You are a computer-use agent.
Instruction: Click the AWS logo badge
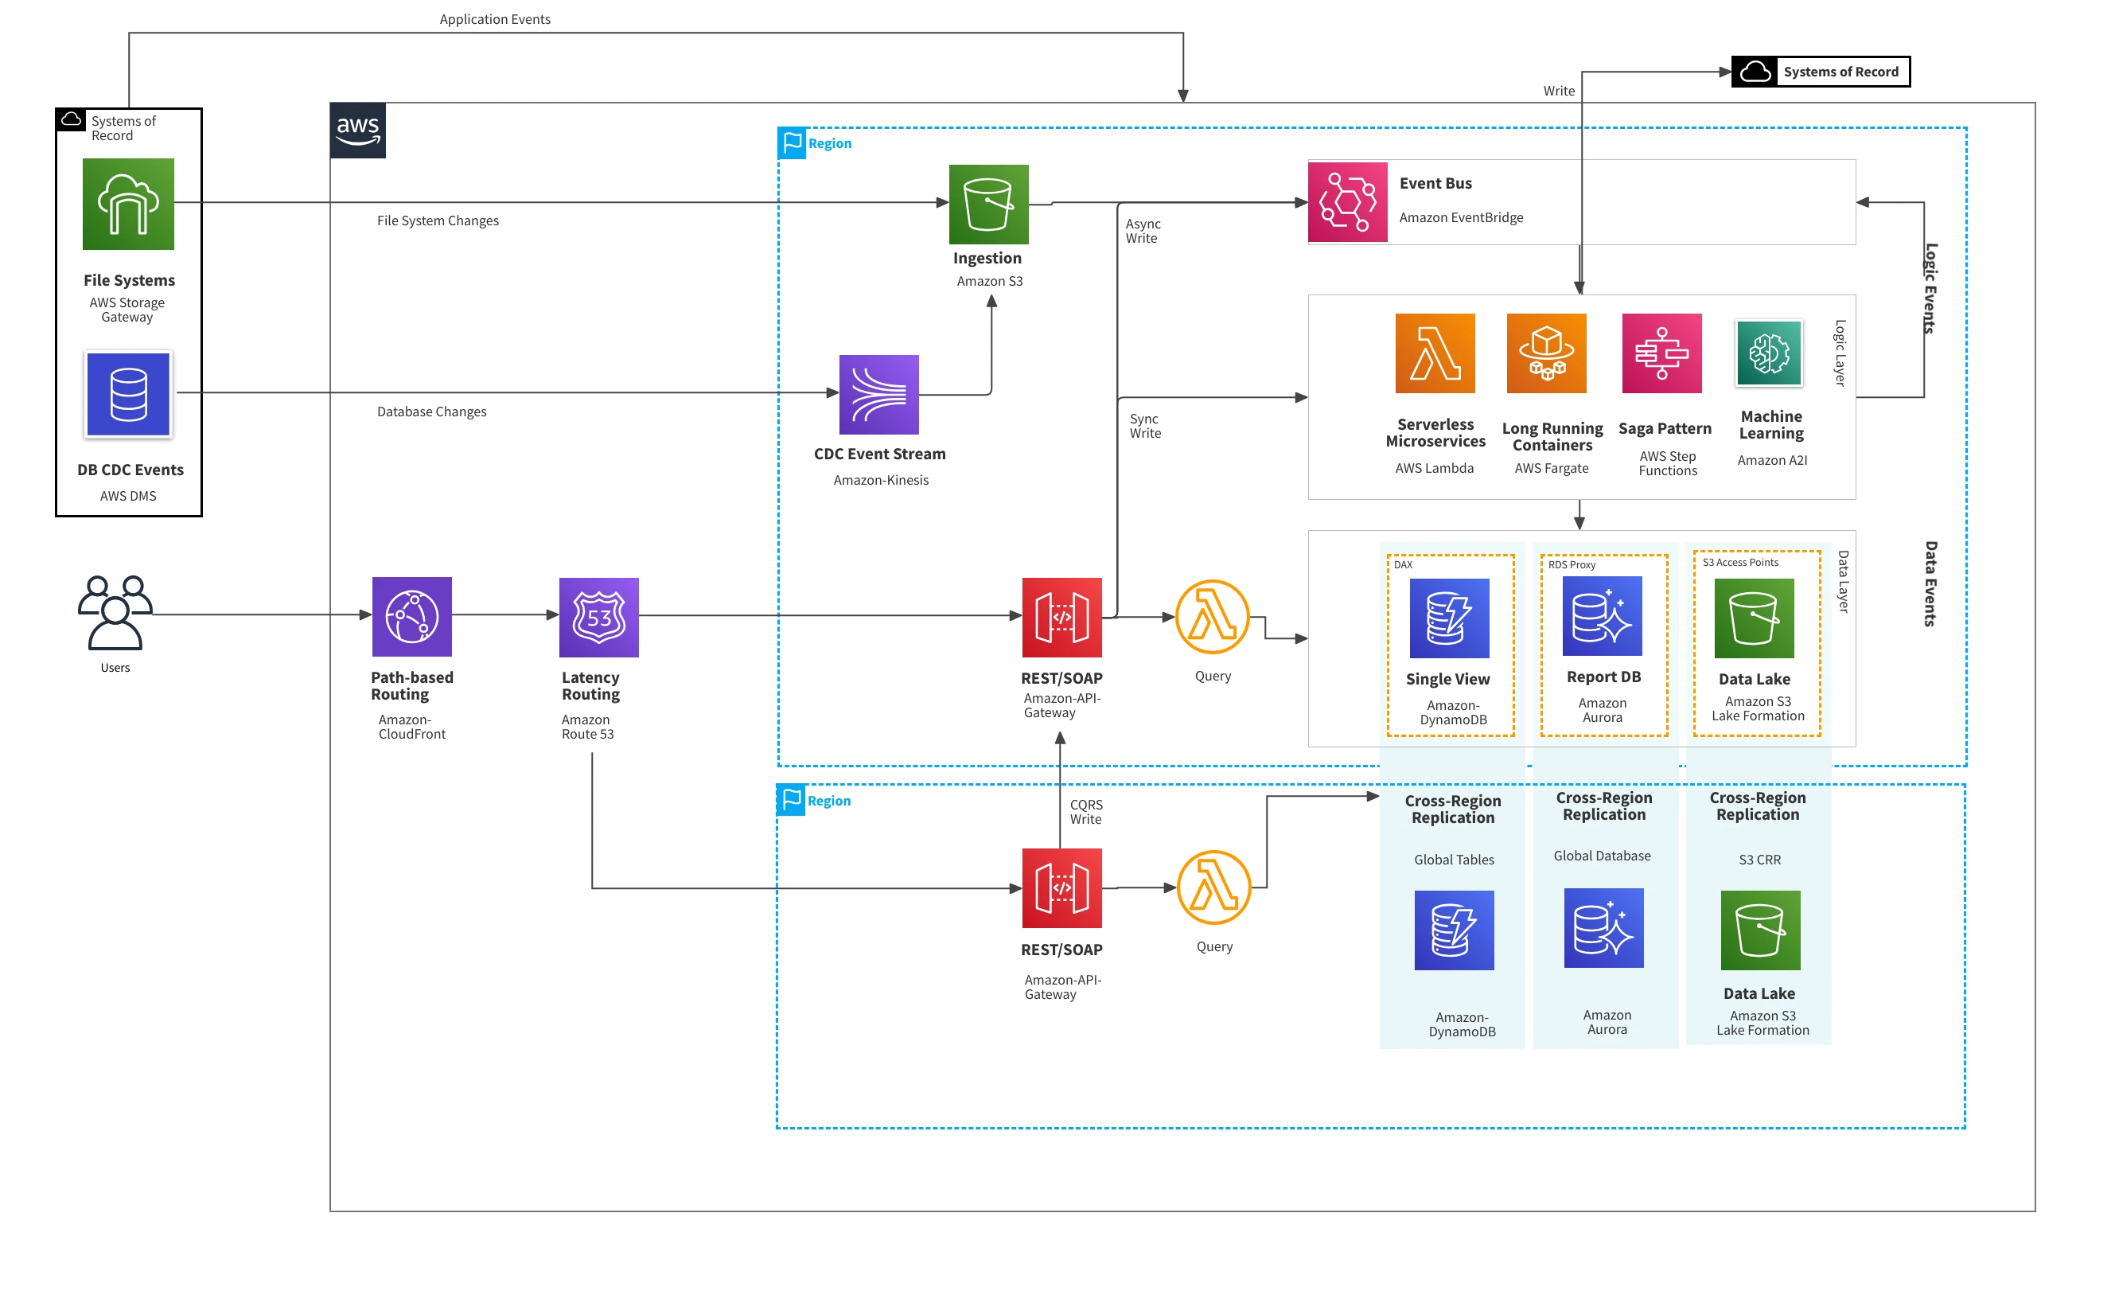tap(358, 131)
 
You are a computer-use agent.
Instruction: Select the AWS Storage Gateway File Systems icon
tap(129, 205)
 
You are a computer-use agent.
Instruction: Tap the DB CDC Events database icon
tap(129, 395)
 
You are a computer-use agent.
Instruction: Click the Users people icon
tap(115, 612)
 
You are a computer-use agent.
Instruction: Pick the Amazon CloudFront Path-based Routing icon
tap(412, 617)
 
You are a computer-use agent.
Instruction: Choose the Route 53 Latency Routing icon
tap(599, 617)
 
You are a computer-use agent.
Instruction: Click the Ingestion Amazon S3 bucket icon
tap(989, 205)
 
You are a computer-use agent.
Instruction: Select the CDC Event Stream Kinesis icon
tap(879, 395)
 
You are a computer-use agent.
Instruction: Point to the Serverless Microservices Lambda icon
tap(1435, 353)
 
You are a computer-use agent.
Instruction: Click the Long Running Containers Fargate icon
tap(1547, 353)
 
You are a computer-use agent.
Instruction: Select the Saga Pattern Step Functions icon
tap(1661, 353)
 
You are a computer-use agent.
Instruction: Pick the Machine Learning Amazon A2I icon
tap(1769, 353)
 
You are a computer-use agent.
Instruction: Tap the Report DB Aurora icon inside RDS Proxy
tap(1603, 616)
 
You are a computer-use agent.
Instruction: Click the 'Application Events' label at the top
tap(495, 19)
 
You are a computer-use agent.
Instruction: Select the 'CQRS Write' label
tap(1087, 812)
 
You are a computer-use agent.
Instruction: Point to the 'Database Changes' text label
tap(432, 412)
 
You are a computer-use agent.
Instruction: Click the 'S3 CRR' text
tap(1759, 860)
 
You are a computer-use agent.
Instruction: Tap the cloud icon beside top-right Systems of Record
tap(1755, 72)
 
